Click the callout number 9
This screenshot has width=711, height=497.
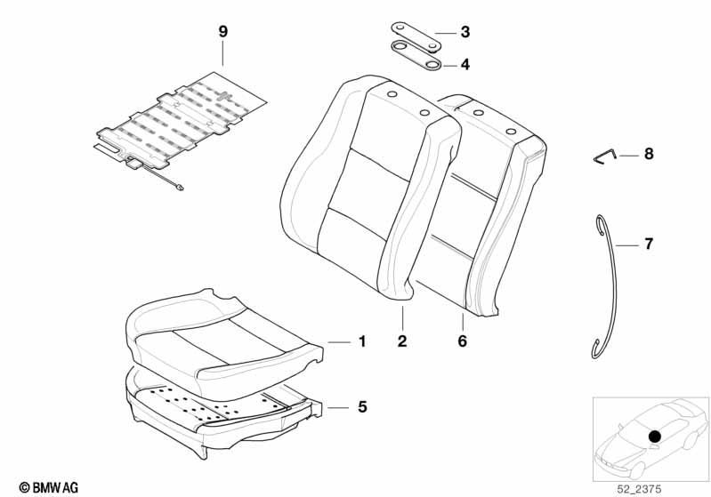pos(222,32)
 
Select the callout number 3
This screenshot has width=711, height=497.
pos(465,33)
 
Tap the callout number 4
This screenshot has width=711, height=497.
pos(465,64)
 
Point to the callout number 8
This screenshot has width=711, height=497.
pos(648,155)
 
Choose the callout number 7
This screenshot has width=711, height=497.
pos(648,244)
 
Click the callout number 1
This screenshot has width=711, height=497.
pos(361,341)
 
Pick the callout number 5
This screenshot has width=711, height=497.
pos(361,407)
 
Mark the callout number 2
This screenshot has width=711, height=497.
pos(401,341)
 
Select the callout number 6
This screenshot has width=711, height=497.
pos(463,341)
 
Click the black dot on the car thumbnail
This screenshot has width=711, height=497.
pos(654,437)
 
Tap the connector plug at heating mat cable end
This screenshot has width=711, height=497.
pos(181,188)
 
